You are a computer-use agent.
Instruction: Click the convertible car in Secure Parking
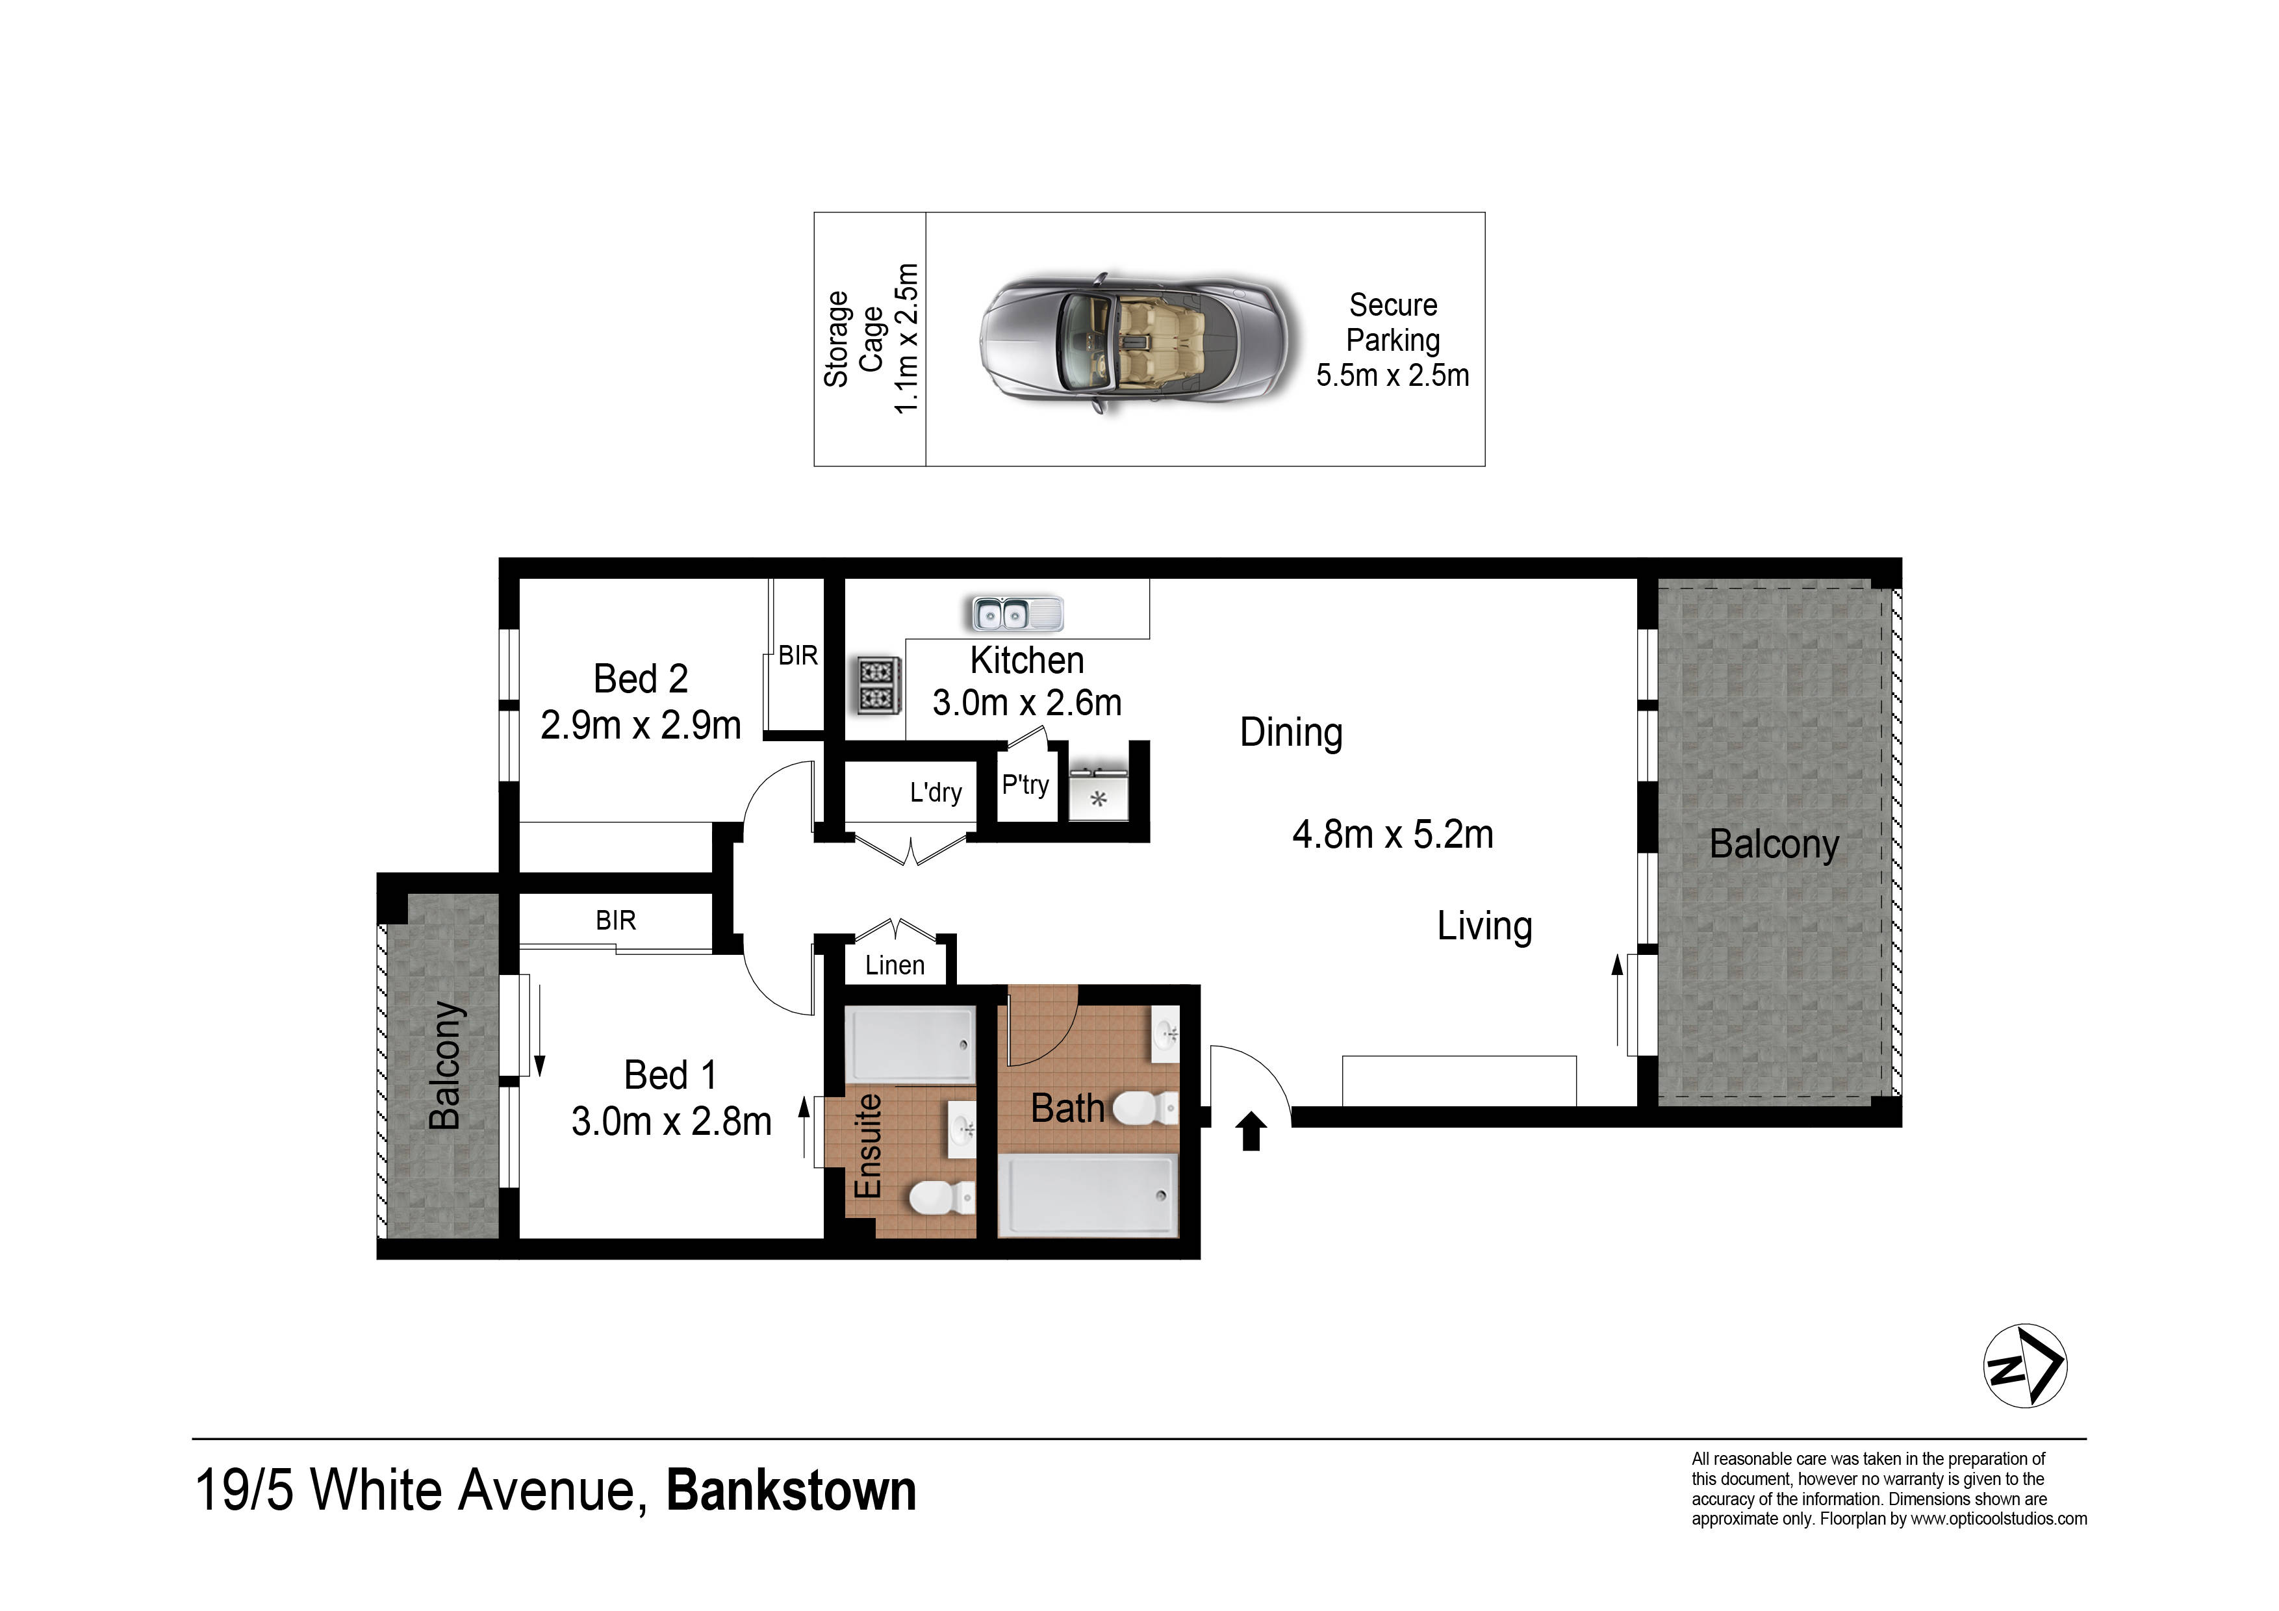tap(1138, 342)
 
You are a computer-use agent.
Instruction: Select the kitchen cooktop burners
tap(878, 685)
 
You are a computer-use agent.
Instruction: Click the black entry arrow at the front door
tap(1252, 1130)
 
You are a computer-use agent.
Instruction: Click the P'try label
tap(1025, 785)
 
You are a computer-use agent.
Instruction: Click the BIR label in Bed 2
tap(798, 655)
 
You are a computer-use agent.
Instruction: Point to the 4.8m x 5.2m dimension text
tap(1393, 835)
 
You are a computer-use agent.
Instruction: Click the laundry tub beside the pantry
tap(1099, 792)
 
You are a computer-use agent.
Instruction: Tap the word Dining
tap(1292, 733)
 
